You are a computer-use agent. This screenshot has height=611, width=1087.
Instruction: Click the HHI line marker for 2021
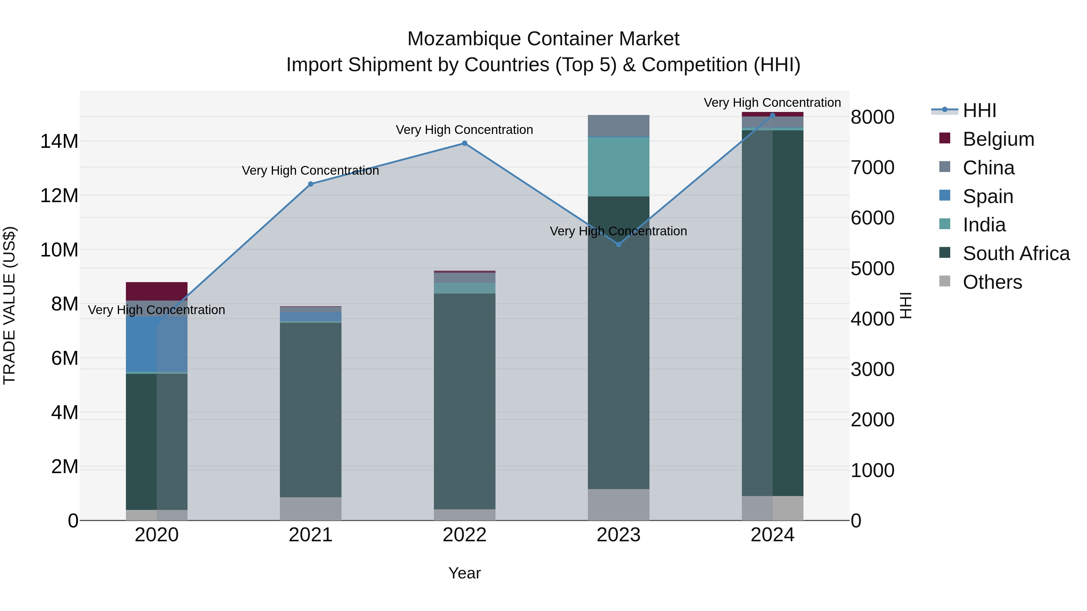click(311, 184)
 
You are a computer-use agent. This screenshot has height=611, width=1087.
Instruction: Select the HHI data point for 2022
click(465, 143)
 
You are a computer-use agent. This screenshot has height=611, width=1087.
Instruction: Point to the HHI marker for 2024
click(773, 115)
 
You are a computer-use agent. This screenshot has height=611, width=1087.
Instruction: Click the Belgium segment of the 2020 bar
click(156, 291)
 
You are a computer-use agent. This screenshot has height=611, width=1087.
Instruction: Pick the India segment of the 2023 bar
click(619, 167)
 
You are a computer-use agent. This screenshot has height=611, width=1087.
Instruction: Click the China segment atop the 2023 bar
click(619, 126)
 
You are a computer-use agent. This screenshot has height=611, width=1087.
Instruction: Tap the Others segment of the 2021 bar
click(311, 508)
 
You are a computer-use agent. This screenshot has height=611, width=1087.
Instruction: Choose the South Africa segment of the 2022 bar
click(465, 401)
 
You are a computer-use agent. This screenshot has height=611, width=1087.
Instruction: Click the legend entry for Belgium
click(999, 139)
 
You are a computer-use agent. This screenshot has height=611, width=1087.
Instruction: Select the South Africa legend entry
click(1016, 253)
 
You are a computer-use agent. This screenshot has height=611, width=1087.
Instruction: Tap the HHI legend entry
click(980, 110)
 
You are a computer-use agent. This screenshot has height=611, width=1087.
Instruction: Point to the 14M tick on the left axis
click(59, 141)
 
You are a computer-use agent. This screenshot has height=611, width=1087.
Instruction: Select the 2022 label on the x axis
click(465, 535)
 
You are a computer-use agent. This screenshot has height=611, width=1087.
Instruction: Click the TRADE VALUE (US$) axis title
click(9, 305)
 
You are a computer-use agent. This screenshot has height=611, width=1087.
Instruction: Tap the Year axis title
click(465, 573)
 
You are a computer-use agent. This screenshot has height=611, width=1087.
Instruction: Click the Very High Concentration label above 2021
click(311, 170)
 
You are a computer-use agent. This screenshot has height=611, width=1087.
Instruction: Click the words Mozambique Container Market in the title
click(543, 39)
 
